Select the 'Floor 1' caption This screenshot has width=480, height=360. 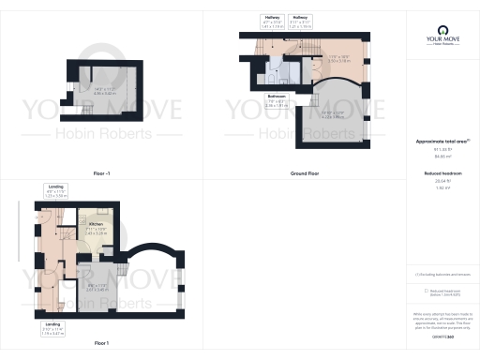coord(101,343)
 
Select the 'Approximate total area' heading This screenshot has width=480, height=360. coord(441,141)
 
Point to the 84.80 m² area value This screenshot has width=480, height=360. coord(441,156)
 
